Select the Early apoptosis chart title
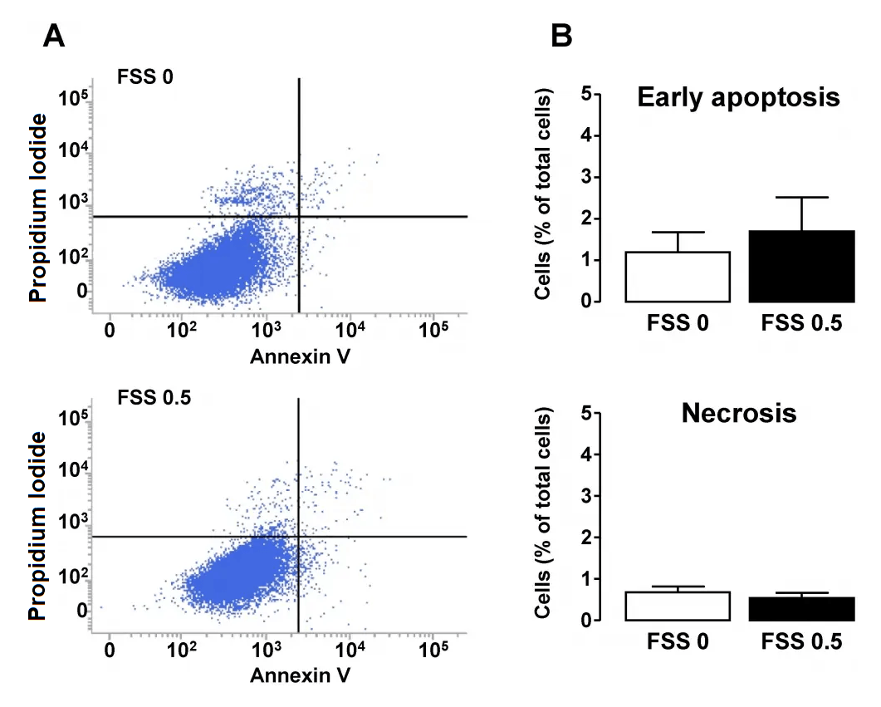pyautogui.click(x=738, y=98)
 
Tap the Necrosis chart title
pyautogui.click(x=738, y=413)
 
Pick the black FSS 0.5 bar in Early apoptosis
pyautogui.click(x=801, y=266)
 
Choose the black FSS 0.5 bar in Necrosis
pyautogui.click(x=801, y=608)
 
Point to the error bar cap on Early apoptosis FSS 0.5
pyautogui.click(x=801, y=198)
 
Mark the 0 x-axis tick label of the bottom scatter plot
pyautogui.click(x=110, y=649)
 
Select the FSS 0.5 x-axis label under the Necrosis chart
pyautogui.click(x=801, y=641)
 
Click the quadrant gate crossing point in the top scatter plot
pyautogui.click(x=298, y=217)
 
